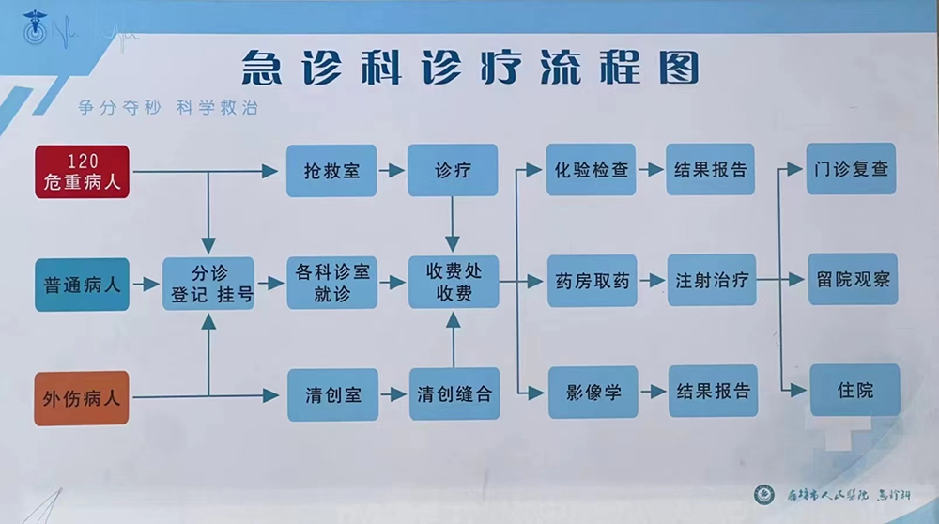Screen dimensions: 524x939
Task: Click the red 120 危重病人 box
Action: [x=82, y=172]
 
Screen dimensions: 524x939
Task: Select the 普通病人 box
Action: [x=82, y=284]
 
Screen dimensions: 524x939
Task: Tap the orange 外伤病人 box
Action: [x=82, y=397]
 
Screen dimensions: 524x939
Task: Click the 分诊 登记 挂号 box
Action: [x=209, y=284]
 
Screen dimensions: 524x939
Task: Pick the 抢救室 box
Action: [x=331, y=171]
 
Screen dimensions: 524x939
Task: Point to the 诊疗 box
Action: [x=453, y=171]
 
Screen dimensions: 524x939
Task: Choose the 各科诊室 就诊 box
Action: [x=331, y=284]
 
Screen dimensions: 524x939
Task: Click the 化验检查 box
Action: [x=592, y=170]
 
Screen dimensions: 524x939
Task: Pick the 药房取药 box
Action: [x=592, y=281]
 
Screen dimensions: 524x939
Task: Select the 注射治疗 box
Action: [x=711, y=281]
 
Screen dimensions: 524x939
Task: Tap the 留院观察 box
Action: [x=853, y=280]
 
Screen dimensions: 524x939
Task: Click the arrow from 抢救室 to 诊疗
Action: [x=392, y=171]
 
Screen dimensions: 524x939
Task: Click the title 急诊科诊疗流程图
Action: [x=469, y=68]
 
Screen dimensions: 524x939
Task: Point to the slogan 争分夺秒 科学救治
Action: [x=168, y=108]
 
